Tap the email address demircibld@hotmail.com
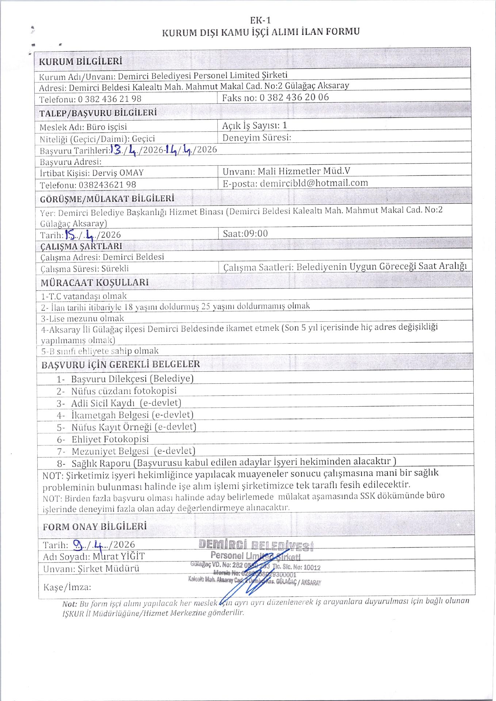(x=314, y=183)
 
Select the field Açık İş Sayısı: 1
(x=255, y=125)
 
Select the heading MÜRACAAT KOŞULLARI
(x=95, y=283)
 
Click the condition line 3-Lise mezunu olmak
(x=82, y=318)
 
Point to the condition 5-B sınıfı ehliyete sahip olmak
(x=100, y=351)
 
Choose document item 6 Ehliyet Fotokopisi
(x=110, y=439)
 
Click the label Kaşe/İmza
(x=67, y=587)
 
